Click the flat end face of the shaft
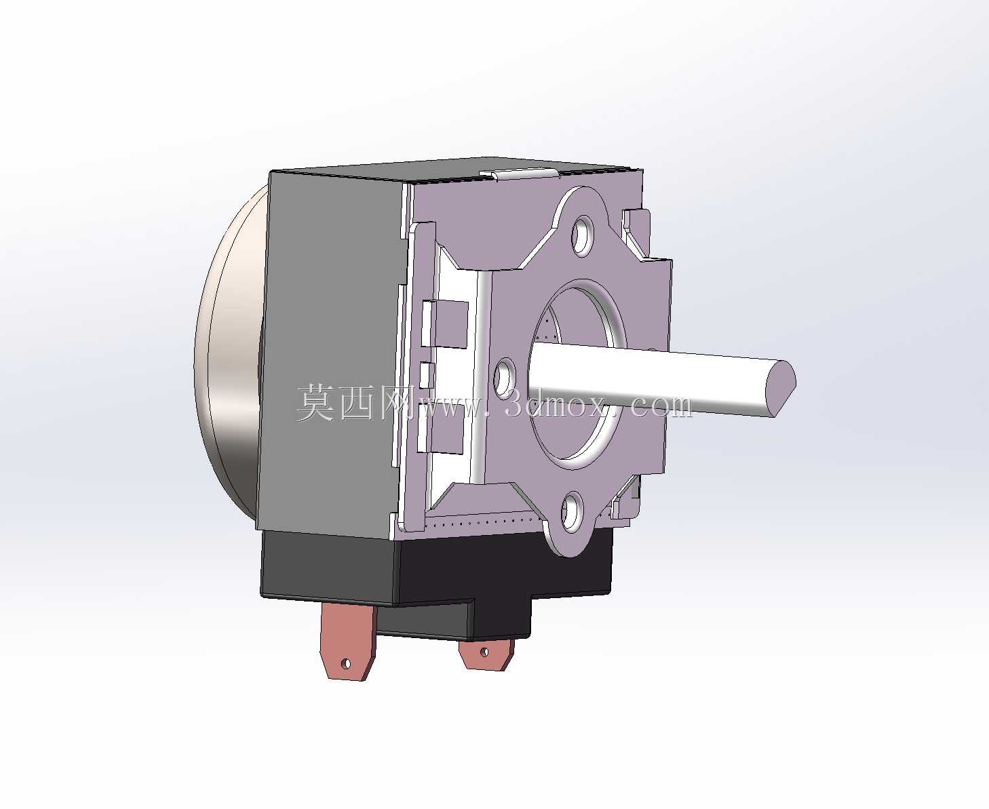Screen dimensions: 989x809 click(x=780, y=387)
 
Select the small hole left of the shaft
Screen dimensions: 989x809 click(x=504, y=378)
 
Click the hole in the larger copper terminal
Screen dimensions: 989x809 click(x=346, y=664)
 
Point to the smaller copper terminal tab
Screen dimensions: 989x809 click(x=486, y=655)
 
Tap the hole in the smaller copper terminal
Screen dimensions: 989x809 click(x=484, y=652)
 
